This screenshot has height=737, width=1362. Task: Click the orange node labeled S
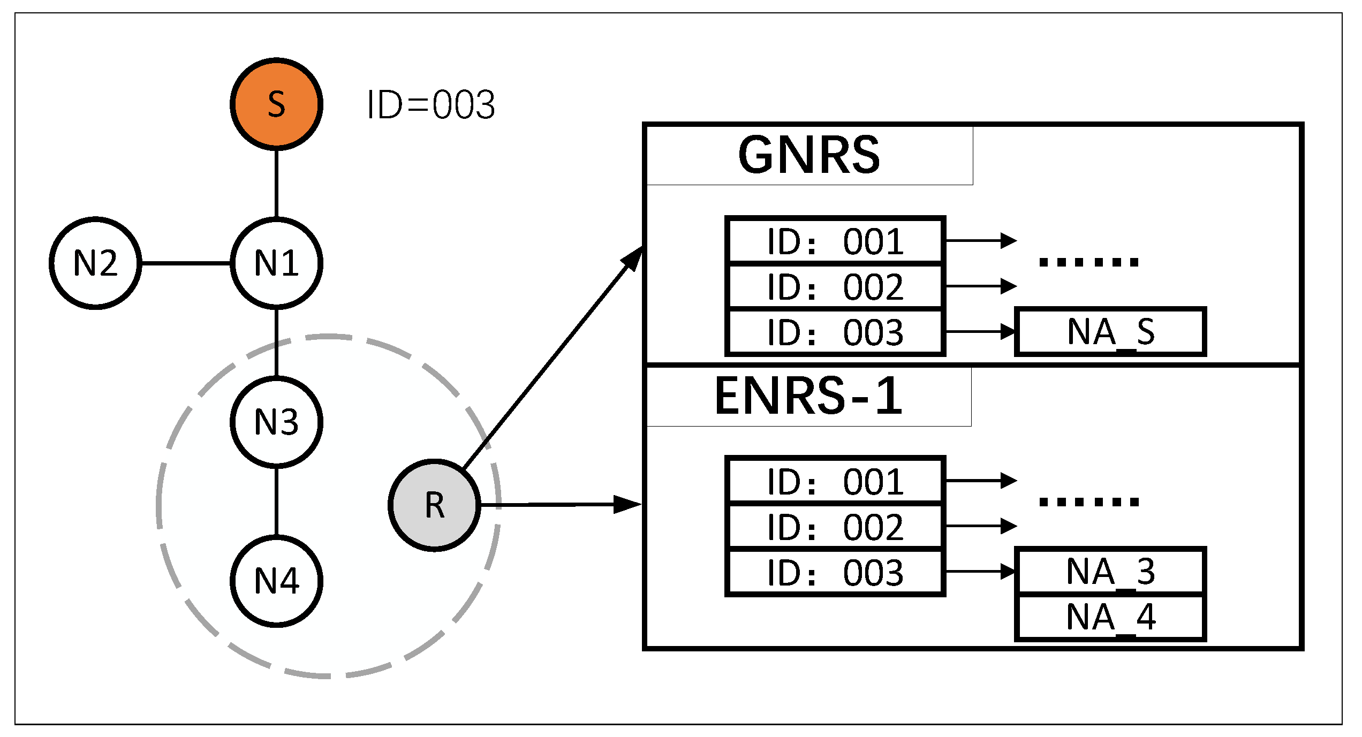click(276, 104)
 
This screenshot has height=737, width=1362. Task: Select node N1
click(276, 263)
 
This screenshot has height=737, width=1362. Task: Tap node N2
click(95, 263)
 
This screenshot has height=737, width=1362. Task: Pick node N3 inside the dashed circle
click(276, 422)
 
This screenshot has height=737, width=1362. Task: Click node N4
click(276, 581)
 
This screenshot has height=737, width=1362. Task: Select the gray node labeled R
click(434, 505)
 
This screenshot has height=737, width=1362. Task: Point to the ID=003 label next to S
click(431, 104)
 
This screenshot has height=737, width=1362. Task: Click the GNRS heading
click(809, 155)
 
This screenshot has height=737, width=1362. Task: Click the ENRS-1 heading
click(809, 396)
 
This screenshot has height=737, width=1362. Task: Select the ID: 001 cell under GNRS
click(835, 241)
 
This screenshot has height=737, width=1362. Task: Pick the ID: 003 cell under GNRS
click(835, 332)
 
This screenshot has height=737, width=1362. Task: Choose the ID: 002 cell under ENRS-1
click(835, 527)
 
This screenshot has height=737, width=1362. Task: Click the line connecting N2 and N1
click(186, 263)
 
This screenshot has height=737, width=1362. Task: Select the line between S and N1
click(276, 183)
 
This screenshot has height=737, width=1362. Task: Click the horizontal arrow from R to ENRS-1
click(557, 504)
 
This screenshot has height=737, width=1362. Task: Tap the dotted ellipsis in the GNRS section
click(1088, 262)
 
